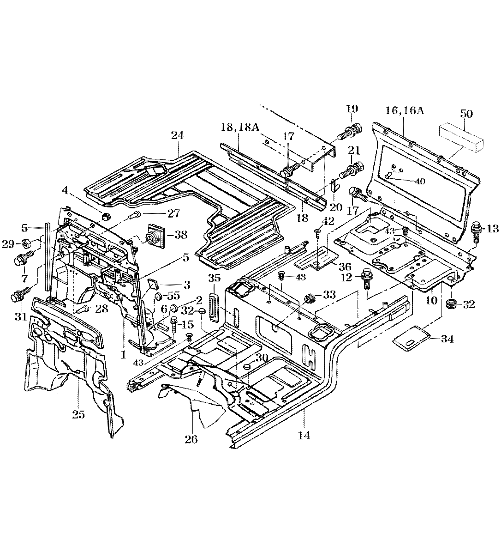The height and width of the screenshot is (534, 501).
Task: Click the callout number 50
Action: click(x=466, y=114)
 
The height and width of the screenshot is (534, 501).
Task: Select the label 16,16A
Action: click(x=406, y=111)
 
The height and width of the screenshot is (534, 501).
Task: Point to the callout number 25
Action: click(x=78, y=414)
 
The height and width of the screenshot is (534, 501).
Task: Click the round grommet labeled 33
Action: click(x=311, y=299)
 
